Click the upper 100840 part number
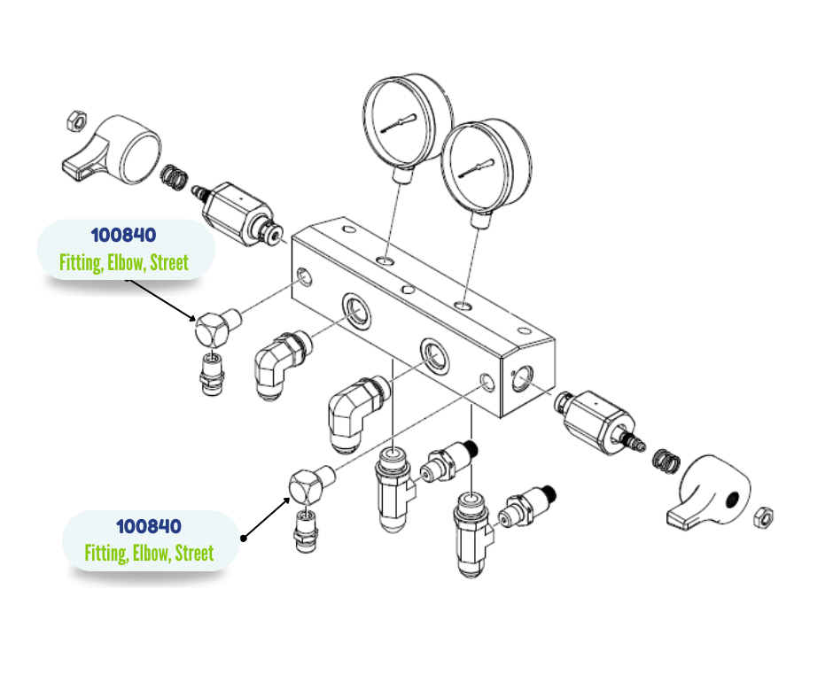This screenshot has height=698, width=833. (123, 236)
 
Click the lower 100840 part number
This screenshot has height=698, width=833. (149, 526)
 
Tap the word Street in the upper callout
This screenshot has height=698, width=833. (168, 262)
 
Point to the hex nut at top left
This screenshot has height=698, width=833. (77, 119)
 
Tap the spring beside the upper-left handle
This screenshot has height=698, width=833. (177, 177)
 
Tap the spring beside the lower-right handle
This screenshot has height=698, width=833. (663, 461)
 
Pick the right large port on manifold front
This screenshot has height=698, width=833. (433, 353)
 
